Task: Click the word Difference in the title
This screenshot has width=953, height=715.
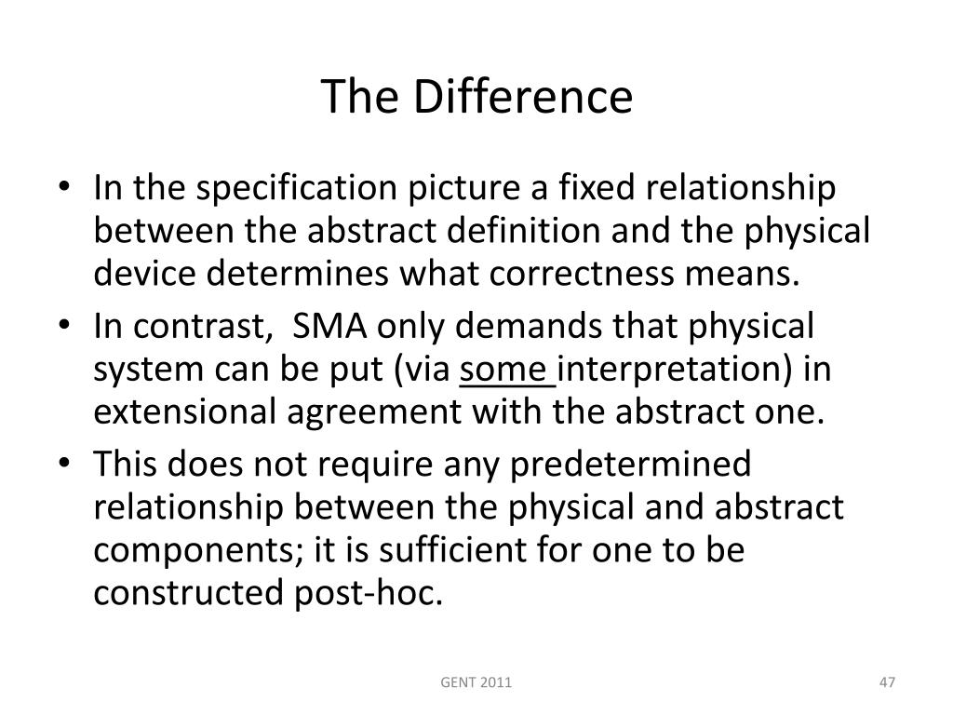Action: pos(524,98)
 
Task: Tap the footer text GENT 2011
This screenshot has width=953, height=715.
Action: pos(476,684)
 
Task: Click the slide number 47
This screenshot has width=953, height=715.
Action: pos(886,684)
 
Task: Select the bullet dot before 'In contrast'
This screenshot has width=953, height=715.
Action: pos(74,328)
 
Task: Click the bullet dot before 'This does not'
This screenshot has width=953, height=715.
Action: pos(74,465)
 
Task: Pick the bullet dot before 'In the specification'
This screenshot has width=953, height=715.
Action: pos(74,190)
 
